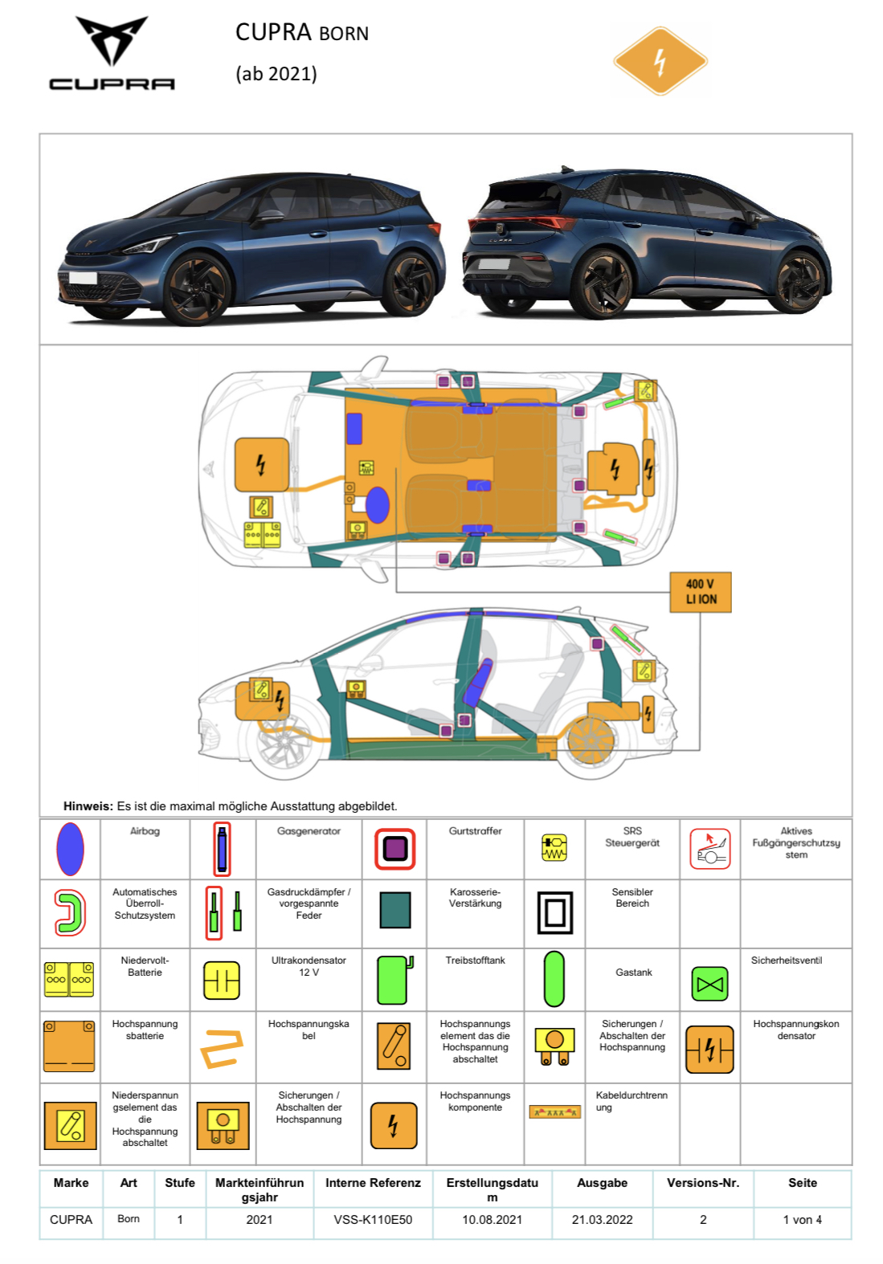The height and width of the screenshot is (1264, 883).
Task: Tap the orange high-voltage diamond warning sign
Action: [x=660, y=61]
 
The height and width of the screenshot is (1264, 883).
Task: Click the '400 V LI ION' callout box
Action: [x=701, y=592]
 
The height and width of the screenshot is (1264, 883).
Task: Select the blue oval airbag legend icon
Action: [x=71, y=848]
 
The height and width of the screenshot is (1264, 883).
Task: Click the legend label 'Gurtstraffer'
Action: [x=475, y=831]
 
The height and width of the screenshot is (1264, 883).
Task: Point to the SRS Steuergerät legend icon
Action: [x=554, y=847]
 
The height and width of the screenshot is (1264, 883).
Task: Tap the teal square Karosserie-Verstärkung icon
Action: [x=394, y=910]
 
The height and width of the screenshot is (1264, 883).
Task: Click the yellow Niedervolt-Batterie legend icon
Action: [x=70, y=979]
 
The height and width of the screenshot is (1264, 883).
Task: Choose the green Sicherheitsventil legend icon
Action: [x=709, y=984]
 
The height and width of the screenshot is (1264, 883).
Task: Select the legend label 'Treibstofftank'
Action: [x=475, y=960]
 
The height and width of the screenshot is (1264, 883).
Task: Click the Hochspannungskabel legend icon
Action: [x=222, y=1047]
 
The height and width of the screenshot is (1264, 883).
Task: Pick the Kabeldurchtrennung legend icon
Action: [x=554, y=1112]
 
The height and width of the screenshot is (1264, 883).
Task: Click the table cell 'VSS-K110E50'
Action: [x=373, y=1219]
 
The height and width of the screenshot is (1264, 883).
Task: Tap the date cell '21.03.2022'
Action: [x=602, y=1219]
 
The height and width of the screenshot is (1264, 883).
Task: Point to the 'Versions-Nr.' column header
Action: [x=703, y=1183]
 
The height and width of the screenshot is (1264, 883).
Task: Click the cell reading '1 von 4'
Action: [x=802, y=1219]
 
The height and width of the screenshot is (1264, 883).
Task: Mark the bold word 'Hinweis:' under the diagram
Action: [x=88, y=806]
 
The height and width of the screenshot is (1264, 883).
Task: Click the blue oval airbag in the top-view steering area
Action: [x=378, y=504]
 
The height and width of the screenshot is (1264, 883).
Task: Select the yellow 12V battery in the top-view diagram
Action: [x=262, y=535]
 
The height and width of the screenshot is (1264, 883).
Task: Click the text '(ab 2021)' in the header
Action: [x=276, y=74]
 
